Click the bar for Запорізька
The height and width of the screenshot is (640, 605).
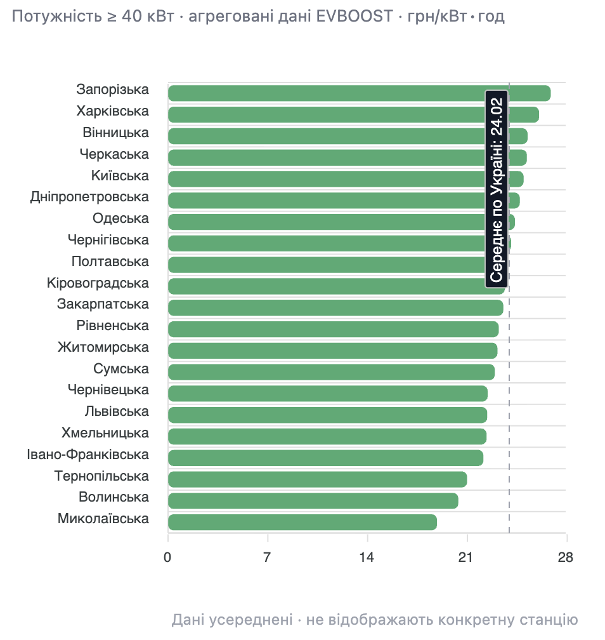click(359, 93)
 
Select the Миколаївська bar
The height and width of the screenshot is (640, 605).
click(302, 522)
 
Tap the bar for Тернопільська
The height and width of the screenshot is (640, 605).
click(317, 479)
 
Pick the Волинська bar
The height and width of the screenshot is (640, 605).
click(313, 501)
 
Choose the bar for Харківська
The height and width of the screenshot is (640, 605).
click(353, 115)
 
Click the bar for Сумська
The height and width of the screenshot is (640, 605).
click(331, 372)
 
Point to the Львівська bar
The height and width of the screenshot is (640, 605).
click(327, 415)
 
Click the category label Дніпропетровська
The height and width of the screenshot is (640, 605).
click(89, 197)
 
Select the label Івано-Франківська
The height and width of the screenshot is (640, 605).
click(88, 455)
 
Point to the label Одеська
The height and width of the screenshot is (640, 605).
click(120, 218)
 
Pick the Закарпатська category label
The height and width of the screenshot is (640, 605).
click(103, 304)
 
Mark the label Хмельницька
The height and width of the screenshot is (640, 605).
click(105, 433)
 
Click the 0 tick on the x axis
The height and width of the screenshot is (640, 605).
click(168, 558)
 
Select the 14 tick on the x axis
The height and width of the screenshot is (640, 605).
click(367, 558)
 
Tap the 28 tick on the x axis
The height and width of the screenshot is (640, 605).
click(566, 558)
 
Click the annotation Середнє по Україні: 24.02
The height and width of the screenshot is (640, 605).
click(497, 189)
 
